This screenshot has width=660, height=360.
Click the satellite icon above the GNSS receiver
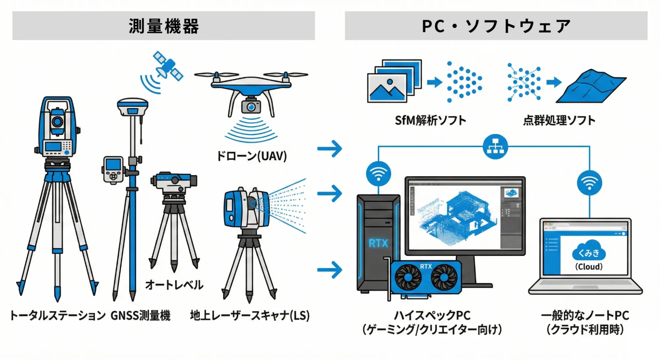168,66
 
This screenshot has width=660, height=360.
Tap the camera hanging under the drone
251,107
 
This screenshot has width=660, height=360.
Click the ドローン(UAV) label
252,156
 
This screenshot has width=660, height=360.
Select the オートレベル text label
174,284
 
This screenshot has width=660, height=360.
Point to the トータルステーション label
58,315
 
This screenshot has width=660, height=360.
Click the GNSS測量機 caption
140,315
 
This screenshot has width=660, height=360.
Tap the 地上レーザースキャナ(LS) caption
250,315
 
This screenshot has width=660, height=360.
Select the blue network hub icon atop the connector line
495,147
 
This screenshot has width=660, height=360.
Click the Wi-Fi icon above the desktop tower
378,174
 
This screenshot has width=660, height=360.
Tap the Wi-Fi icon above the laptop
589,182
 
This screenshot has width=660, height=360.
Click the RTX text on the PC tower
378,244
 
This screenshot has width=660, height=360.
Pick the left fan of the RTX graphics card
408,277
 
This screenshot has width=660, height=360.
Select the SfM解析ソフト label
431,120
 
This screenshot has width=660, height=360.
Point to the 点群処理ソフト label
559,120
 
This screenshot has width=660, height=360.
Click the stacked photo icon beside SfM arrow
394,81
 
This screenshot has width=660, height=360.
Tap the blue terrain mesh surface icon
591,86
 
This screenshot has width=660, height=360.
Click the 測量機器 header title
164,26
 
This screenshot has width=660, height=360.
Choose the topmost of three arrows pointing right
330,148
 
